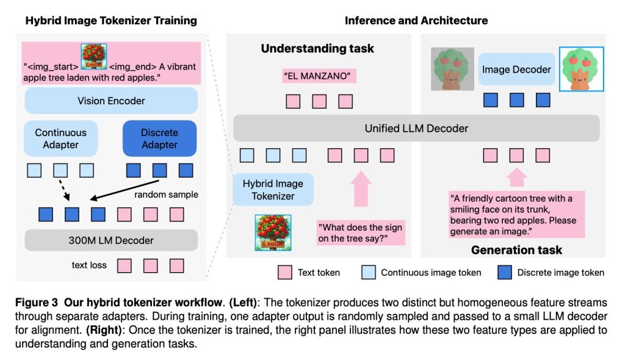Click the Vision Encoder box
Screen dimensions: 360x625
click(x=111, y=101)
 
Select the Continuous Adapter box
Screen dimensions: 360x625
click(x=60, y=139)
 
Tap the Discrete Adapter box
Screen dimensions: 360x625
click(x=159, y=139)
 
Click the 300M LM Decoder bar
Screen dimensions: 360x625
click(x=111, y=240)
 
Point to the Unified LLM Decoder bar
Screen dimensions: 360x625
click(x=416, y=128)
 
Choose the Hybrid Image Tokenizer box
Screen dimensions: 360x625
click(x=273, y=189)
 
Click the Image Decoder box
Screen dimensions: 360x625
click(x=517, y=70)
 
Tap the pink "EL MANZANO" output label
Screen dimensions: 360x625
click(x=319, y=77)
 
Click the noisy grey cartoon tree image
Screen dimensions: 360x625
click(x=452, y=68)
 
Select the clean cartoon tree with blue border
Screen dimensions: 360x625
click(x=581, y=70)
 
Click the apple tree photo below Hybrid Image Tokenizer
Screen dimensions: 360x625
click(x=272, y=232)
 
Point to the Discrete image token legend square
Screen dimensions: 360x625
click(x=504, y=273)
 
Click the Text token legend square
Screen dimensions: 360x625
click(x=284, y=273)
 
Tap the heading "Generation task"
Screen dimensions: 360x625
click(x=516, y=250)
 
